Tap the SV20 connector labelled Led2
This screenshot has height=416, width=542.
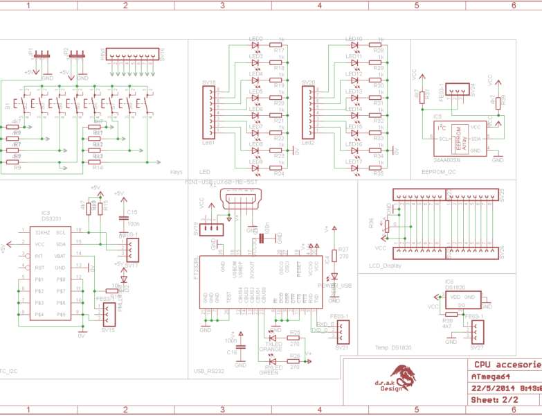(x=309, y=111)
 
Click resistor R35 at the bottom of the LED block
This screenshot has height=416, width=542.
(x=378, y=166)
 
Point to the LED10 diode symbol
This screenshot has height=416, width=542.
(x=354, y=45)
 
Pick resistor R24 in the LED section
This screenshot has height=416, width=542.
(x=279, y=166)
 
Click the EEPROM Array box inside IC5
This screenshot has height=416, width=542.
(x=458, y=138)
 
